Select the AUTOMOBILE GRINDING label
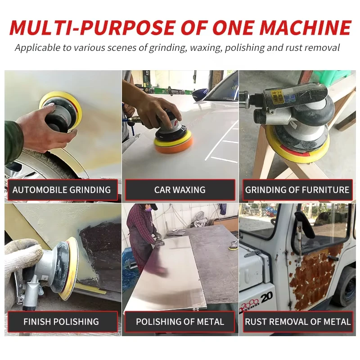(x=62, y=190)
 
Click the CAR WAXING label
(x=180, y=190)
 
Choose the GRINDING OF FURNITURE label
(x=297, y=190)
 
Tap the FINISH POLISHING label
(x=61, y=322)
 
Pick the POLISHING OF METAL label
(x=180, y=322)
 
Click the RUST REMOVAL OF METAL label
(x=297, y=322)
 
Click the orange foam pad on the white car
(x=174, y=144)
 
